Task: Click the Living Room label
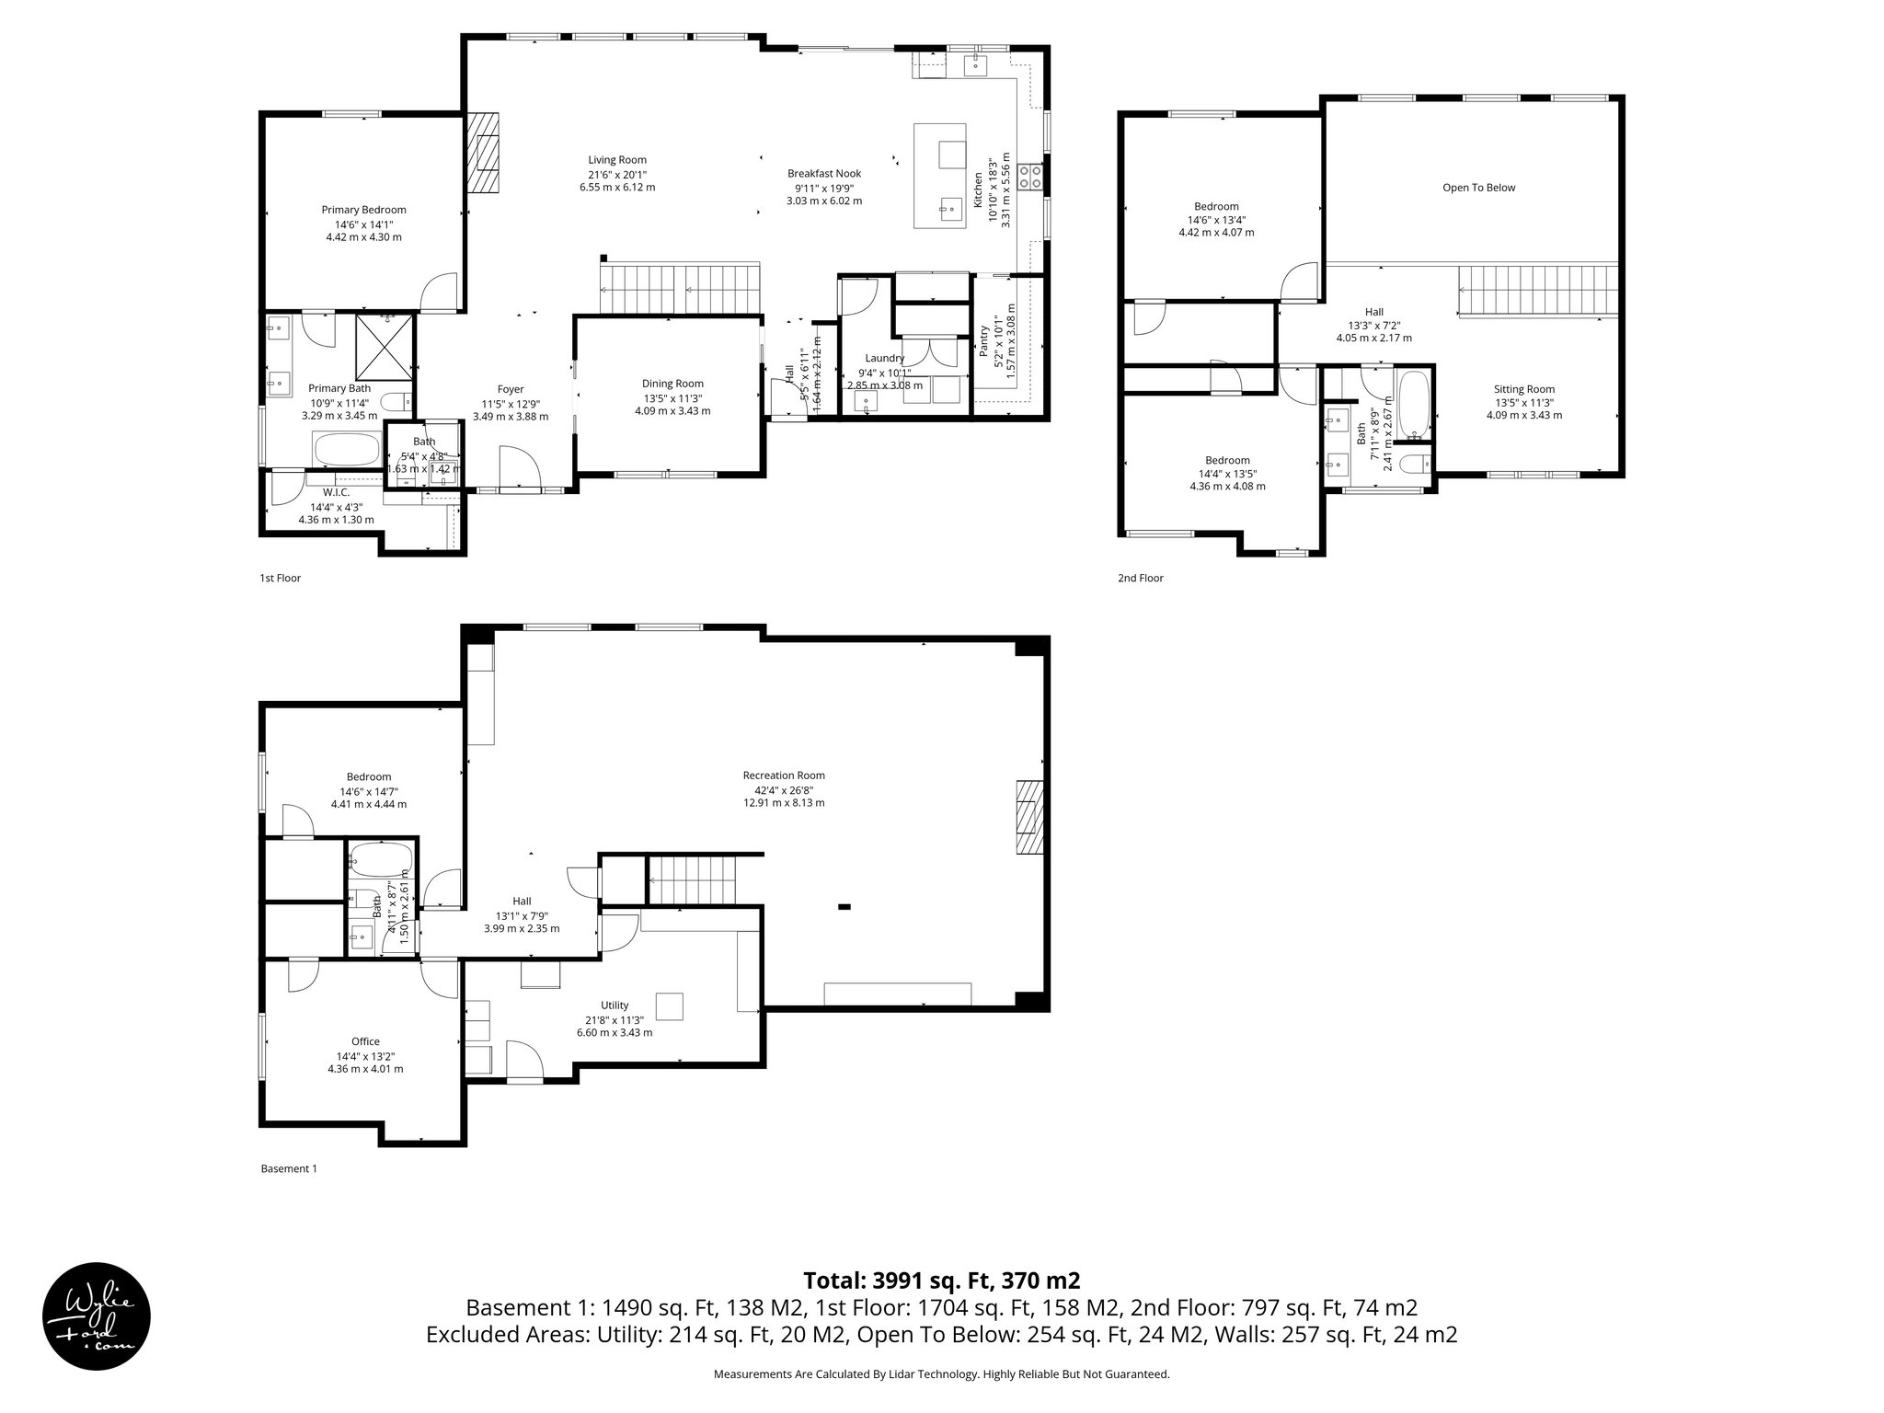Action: pos(617,160)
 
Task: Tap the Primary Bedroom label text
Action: pos(363,210)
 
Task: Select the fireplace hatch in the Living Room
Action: pos(483,153)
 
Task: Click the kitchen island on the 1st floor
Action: pos(939,176)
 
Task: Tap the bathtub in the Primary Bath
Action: pos(347,451)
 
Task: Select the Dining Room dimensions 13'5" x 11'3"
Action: pos(672,398)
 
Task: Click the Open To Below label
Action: pos(1478,188)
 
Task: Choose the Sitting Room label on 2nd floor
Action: pos(1523,389)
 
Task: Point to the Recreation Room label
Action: pos(784,775)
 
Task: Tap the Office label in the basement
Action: pos(365,1041)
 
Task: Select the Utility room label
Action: pos(615,1005)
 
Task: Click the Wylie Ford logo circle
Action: pos(97,1315)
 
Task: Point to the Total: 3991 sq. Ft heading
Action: pos(941,1281)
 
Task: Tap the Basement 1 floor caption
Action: pos(289,1168)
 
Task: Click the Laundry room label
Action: pos(884,358)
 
